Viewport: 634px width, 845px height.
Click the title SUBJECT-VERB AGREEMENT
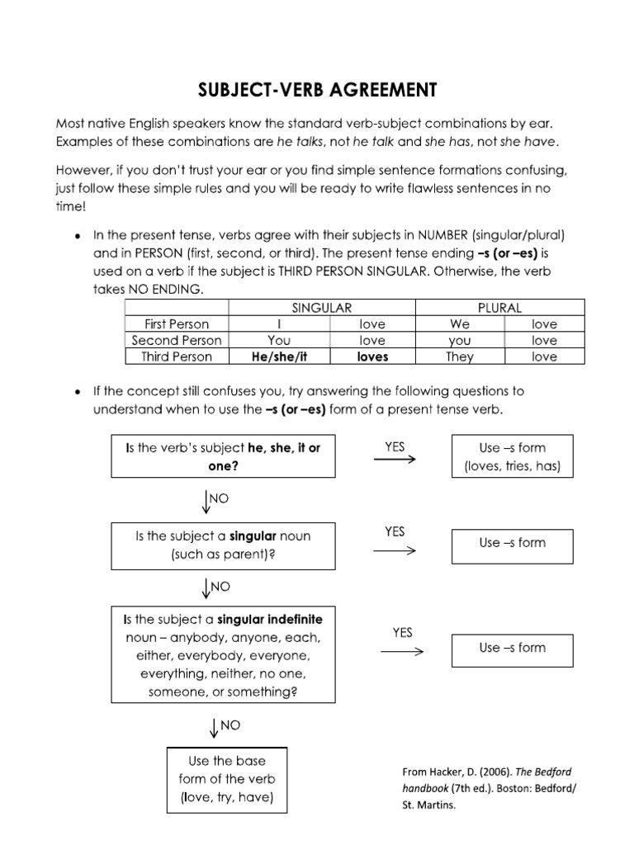tap(317, 89)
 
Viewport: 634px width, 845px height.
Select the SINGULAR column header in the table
tap(323, 308)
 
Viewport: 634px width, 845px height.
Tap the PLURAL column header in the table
tap(499, 308)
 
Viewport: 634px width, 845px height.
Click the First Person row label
tap(176, 324)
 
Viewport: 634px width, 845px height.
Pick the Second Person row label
tap(176, 340)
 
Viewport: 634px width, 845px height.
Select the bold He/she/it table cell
tap(279, 356)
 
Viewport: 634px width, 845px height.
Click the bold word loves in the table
tap(372, 356)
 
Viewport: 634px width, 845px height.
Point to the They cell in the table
tap(460, 356)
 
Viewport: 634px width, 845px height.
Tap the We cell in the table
tap(460, 324)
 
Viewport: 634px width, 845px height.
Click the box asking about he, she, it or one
tap(223, 456)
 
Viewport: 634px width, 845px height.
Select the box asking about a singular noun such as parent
tap(223, 545)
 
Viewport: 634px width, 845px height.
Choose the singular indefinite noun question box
tap(223, 655)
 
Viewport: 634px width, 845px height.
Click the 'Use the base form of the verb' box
tap(227, 778)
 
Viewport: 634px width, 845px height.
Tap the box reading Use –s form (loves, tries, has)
tap(512, 456)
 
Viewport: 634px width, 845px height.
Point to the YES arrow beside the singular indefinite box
tap(402, 651)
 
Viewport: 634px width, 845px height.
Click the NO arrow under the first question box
tap(205, 501)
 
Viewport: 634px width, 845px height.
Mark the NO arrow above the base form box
tap(215, 726)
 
